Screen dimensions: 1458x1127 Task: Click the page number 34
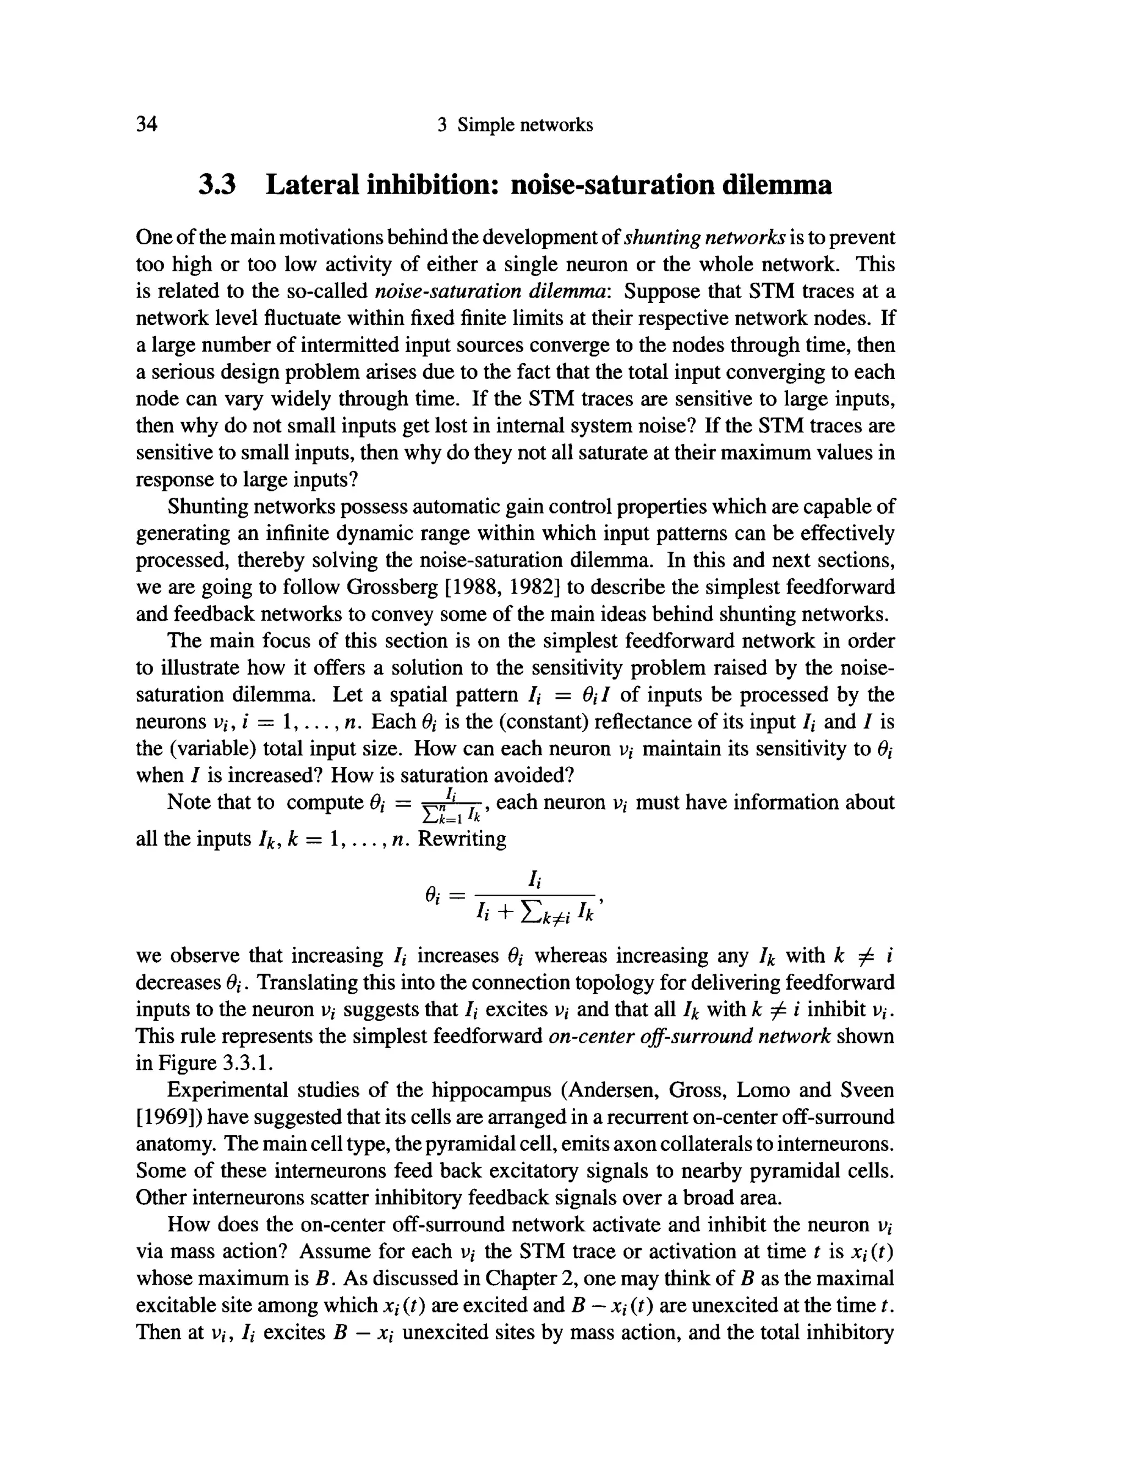click(146, 124)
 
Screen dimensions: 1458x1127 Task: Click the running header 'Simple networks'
click(525, 125)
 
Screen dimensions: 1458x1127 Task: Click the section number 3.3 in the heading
click(218, 184)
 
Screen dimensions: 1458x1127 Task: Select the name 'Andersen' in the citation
click(612, 1090)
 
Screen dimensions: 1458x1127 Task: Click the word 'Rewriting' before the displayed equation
click(462, 838)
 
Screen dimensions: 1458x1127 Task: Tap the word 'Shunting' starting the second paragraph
click(209, 507)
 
